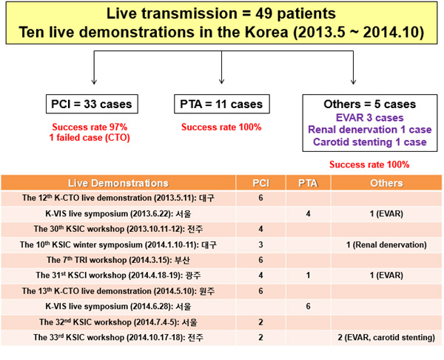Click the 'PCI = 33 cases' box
[92, 104]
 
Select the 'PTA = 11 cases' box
[222, 104]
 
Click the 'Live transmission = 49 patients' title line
[221, 14]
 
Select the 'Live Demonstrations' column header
[118, 183]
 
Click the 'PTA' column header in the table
[307, 183]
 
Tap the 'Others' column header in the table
[386, 183]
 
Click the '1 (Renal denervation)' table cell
[386, 244]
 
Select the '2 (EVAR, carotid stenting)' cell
[386, 338]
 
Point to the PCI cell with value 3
[260, 244]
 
